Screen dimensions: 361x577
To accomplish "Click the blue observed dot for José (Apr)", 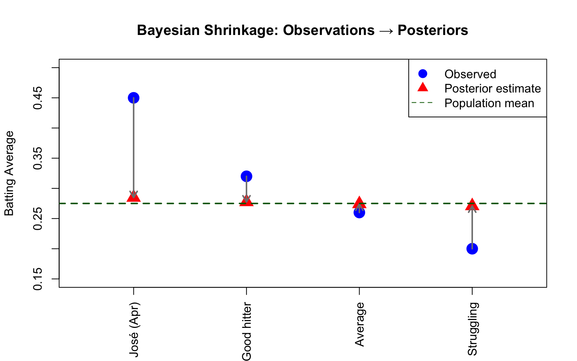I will (x=133, y=98).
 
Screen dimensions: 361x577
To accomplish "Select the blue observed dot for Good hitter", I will (x=246, y=176).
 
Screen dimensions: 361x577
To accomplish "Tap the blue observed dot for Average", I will (x=359, y=213).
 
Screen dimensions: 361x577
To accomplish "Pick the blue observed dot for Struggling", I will (x=472, y=249).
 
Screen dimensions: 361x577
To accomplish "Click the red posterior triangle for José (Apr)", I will (x=133, y=197).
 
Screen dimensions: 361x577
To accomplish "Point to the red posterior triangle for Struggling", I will (x=472, y=205).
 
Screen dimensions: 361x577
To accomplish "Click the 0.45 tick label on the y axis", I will (x=38, y=98).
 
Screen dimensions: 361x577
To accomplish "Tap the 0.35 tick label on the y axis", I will (x=38, y=158).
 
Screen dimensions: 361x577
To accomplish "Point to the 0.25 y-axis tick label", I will (x=38, y=218).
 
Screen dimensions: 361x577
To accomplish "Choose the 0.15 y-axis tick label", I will (x=38, y=279).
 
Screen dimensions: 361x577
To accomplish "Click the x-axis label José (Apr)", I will (x=134, y=329).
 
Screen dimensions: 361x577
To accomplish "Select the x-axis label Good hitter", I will (x=247, y=331).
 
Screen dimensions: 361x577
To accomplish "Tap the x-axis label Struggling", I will (x=473, y=329).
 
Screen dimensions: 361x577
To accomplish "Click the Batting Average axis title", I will (x=9, y=173).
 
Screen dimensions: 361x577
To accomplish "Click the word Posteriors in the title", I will (x=433, y=30).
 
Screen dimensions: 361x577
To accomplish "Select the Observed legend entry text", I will (x=470, y=74).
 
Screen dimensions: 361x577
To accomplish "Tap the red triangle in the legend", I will (x=423, y=87).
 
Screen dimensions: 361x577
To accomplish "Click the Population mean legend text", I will (x=489, y=103).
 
